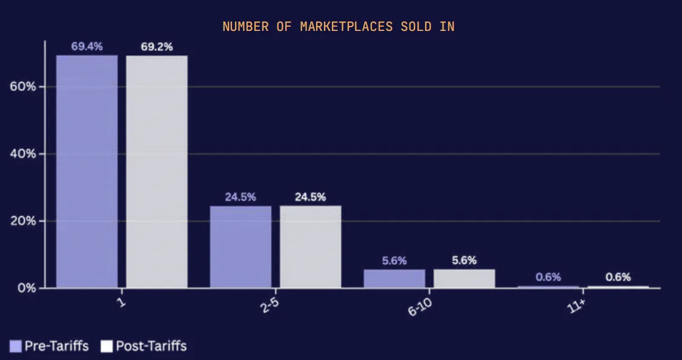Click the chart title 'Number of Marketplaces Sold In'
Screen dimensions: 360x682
[x=338, y=27]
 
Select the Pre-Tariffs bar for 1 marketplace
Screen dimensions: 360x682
[x=87, y=171]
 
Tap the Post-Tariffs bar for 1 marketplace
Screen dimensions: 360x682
[x=156, y=171]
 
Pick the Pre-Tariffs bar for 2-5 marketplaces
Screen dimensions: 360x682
[x=240, y=247]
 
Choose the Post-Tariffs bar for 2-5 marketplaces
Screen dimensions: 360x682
[x=310, y=247]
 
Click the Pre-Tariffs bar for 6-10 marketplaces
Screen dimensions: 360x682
[x=394, y=278]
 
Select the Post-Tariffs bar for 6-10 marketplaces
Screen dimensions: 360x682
[x=464, y=278]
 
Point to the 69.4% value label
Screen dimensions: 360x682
[x=87, y=46]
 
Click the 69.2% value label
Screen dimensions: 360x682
[x=156, y=47]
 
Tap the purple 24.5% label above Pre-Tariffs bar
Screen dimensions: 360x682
[x=240, y=197]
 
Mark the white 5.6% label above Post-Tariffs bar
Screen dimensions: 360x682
[x=464, y=261]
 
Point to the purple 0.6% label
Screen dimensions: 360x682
[x=548, y=277]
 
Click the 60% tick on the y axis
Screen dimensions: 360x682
[x=23, y=87]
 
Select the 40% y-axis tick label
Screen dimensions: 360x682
[x=23, y=154]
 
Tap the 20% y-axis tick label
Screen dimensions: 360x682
[x=23, y=221]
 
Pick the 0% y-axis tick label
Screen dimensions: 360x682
[x=26, y=288]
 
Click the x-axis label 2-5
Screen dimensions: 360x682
[x=270, y=305]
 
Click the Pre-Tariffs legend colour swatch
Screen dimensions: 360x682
[x=16, y=346]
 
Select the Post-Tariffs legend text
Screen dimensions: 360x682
[x=151, y=346]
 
